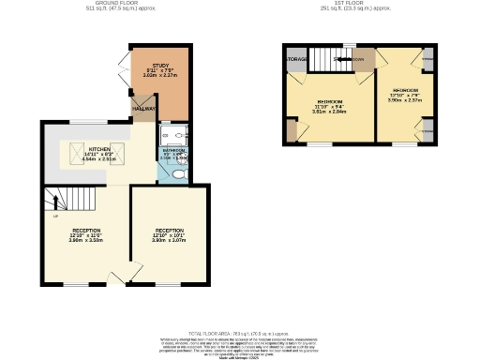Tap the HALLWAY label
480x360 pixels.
point(143,110)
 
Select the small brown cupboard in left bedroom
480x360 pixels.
point(292,130)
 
